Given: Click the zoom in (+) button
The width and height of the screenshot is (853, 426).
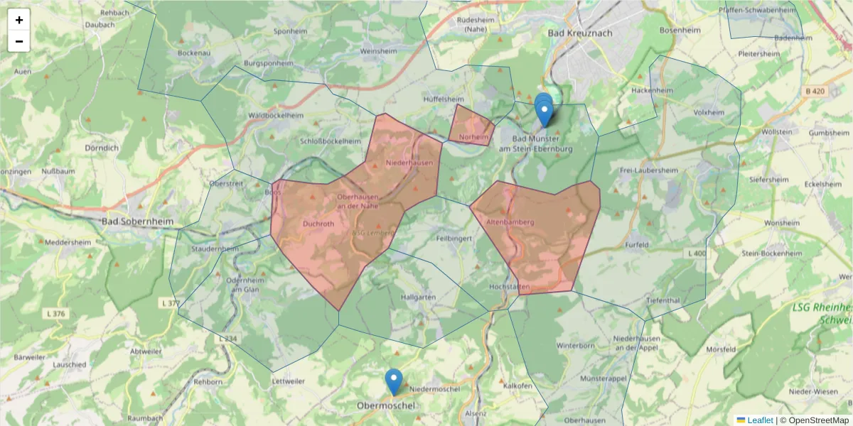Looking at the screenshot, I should [19, 20].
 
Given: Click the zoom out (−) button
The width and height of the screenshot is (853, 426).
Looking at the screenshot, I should [19, 41].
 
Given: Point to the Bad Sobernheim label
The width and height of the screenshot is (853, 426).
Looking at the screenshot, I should [137, 222].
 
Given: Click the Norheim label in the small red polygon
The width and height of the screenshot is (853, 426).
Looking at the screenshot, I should [474, 137].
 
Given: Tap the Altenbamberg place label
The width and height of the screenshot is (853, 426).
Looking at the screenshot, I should [510, 222].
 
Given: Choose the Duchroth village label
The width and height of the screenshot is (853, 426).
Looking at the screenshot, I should [318, 224].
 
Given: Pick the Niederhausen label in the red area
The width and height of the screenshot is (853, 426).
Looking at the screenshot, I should [409, 163].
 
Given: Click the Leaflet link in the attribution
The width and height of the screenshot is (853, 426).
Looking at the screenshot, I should [759, 420].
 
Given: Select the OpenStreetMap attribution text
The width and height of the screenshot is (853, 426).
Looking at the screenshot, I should [814, 420].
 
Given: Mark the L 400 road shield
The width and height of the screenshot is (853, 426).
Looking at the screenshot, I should [697, 253].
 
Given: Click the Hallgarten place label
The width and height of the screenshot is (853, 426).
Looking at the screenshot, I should [417, 297].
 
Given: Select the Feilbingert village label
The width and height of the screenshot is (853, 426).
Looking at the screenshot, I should [455, 239].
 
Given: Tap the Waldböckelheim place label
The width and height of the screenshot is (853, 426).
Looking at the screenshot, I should [276, 115].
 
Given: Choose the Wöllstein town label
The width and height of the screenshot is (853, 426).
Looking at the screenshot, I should [776, 132].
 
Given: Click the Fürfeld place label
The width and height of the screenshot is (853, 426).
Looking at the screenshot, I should [637, 245].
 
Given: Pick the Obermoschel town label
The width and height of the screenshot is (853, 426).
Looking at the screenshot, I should [385, 405].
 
